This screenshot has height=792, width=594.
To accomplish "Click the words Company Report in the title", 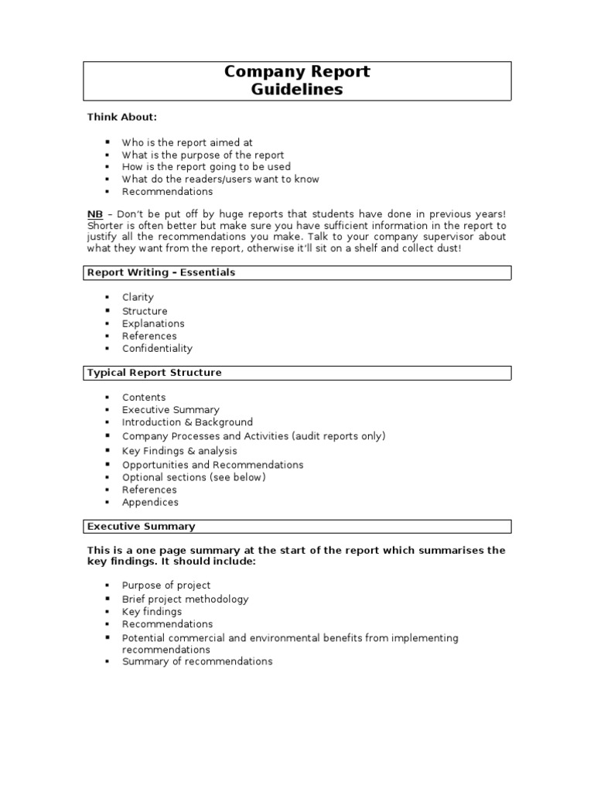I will pos(297,72).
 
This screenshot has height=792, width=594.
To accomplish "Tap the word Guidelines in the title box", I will pos(297,90).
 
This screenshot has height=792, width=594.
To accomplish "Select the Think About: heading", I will pos(121,117).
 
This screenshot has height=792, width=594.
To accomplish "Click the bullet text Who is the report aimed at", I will pos(187,142).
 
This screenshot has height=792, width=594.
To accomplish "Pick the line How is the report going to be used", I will pos(206,166).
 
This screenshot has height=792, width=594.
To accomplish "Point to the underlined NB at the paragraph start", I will pos(94,213).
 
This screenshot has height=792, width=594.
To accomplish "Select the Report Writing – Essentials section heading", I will pos(161,272).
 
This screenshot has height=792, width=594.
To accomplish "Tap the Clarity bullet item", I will pos(138,297).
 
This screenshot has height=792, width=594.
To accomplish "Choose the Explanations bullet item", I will pos(153,323).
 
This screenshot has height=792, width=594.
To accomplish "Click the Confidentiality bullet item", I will pos(157,348).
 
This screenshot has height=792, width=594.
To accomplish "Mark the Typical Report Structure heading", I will pos(154,372).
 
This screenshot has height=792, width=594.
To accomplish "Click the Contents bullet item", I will pos(144,398).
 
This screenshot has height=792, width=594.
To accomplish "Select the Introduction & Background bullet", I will pos(187,422).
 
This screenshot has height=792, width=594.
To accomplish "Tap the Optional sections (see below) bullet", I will pos(193,477).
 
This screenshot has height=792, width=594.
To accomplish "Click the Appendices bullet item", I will pos(150,502).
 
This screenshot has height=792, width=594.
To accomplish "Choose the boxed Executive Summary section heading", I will pos(141,526).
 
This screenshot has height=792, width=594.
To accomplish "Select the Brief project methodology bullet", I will pos(185,599).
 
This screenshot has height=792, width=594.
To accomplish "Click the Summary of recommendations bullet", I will pos(197,661).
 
